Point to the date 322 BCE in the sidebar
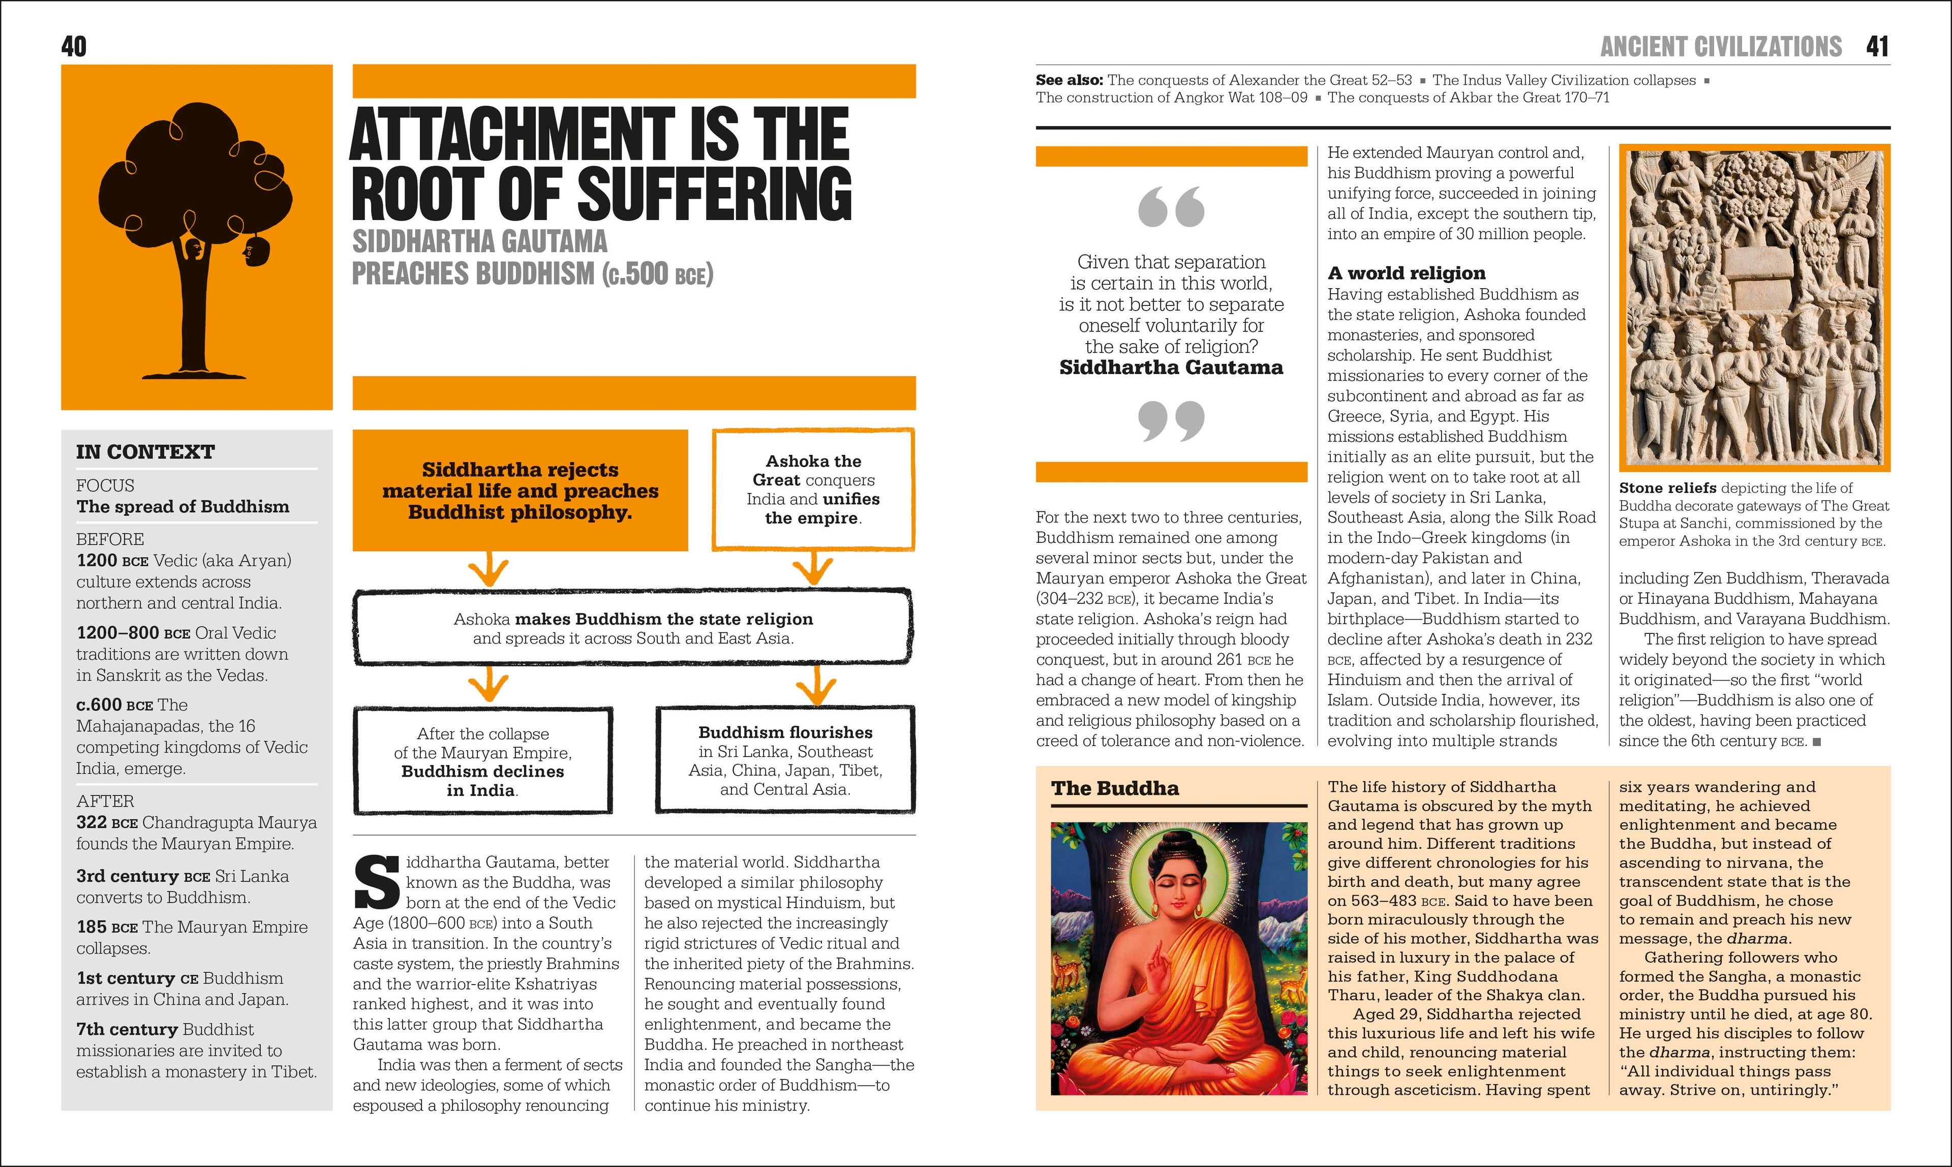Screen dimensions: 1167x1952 coord(107,822)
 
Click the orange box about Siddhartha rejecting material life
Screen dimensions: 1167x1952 coord(520,490)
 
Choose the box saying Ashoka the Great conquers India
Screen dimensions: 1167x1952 coord(813,489)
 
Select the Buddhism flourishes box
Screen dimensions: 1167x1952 coord(785,760)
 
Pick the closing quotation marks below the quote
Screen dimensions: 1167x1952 coord(1171,421)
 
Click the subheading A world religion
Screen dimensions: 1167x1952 coord(1406,273)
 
